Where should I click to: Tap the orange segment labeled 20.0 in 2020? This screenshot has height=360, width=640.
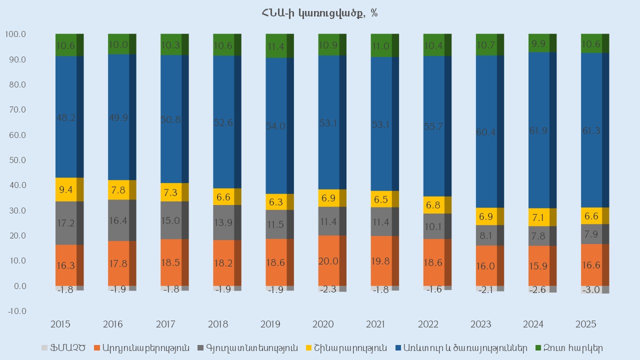pyautogui.click(x=329, y=260)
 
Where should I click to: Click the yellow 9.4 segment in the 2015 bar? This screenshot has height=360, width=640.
pyautogui.click(x=66, y=189)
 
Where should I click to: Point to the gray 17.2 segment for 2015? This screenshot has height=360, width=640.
pyautogui.click(x=66, y=223)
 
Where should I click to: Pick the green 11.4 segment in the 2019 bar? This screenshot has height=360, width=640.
pyautogui.click(x=276, y=46)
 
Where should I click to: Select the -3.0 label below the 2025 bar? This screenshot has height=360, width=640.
pyautogui.click(x=592, y=290)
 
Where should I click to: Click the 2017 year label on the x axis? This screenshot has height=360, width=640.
pyautogui.click(x=165, y=325)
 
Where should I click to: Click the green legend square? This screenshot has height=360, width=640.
pyautogui.click(x=538, y=347)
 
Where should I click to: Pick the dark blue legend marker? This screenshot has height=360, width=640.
pyautogui.click(x=398, y=347)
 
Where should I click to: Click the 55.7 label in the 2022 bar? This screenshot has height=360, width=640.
pyautogui.click(x=433, y=127)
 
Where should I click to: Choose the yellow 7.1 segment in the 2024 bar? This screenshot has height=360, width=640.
pyautogui.click(x=539, y=217)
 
